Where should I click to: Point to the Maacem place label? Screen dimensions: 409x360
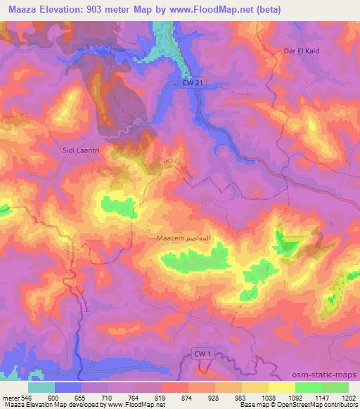(x=170, y=239)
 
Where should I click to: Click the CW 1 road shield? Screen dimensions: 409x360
(x=204, y=355)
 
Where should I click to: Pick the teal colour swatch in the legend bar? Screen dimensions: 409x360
(x=41, y=387)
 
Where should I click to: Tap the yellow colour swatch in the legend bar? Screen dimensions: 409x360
(x=282, y=387)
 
